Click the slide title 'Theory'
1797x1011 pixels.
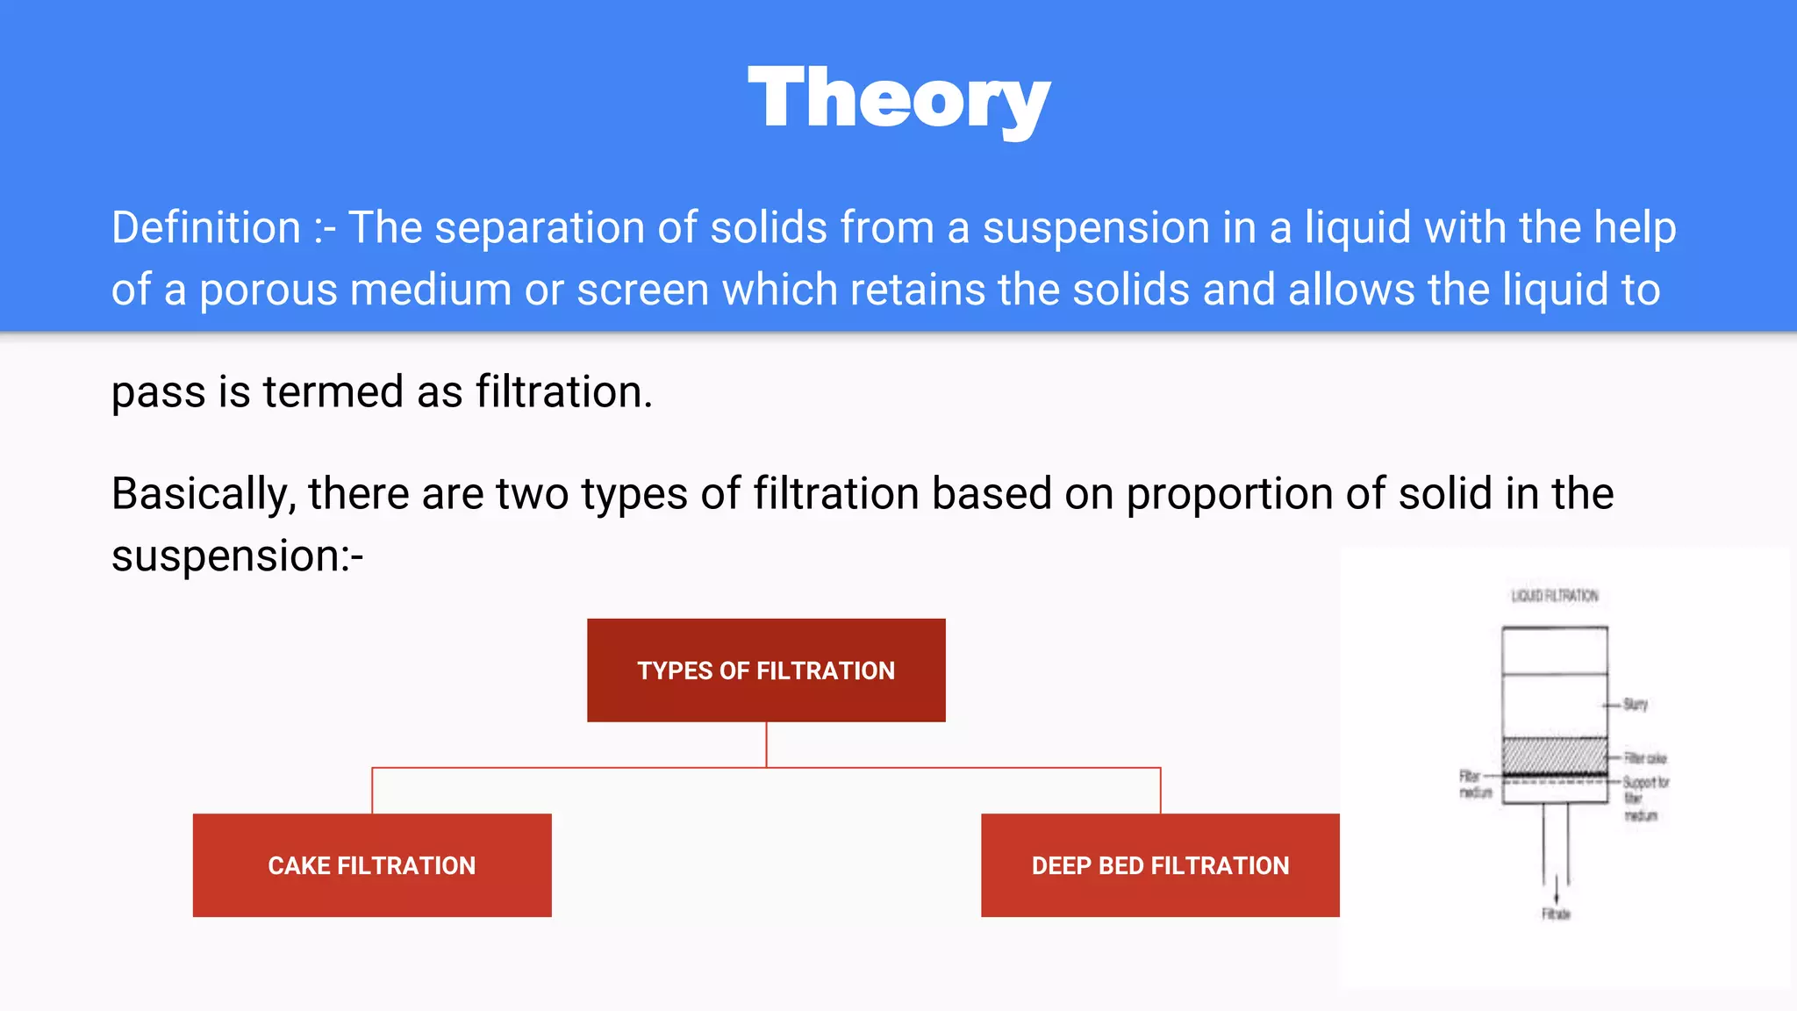[898, 100]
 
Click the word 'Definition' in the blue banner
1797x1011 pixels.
[206, 228]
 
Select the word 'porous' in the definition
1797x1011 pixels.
[268, 290]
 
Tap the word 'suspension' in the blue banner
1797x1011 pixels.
[1096, 228]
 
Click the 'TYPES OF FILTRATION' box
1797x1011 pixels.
[766, 670]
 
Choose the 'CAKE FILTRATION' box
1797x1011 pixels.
[372, 865]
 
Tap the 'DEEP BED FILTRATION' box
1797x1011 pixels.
[1160, 865]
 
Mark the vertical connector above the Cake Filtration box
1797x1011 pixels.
[372, 791]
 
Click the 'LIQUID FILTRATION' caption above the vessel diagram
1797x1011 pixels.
[1555, 596]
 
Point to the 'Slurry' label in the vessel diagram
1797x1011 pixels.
[1636, 704]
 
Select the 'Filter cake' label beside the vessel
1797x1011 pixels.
[1644, 757]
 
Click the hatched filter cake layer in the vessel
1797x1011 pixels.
[1554, 755]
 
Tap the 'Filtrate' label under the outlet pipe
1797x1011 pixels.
[1556, 914]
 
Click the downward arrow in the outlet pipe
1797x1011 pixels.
[1556, 891]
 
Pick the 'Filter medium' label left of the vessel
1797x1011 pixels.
[1474, 784]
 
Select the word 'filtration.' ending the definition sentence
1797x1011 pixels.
[564, 391]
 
